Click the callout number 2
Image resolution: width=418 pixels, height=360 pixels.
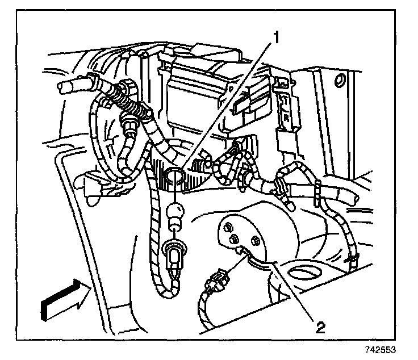point(321,326)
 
